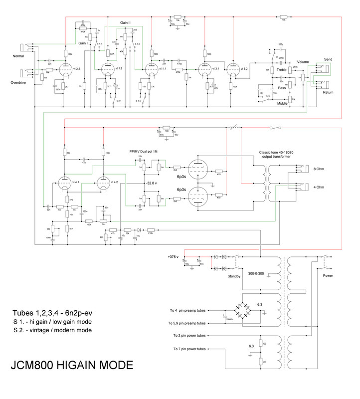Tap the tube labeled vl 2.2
point(65,70)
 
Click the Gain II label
point(126,23)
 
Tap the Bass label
point(282,88)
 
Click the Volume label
point(303,62)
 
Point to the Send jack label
point(328,59)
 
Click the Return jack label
point(328,92)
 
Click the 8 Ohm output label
point(318,169)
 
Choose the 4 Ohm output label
point(318,187)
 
